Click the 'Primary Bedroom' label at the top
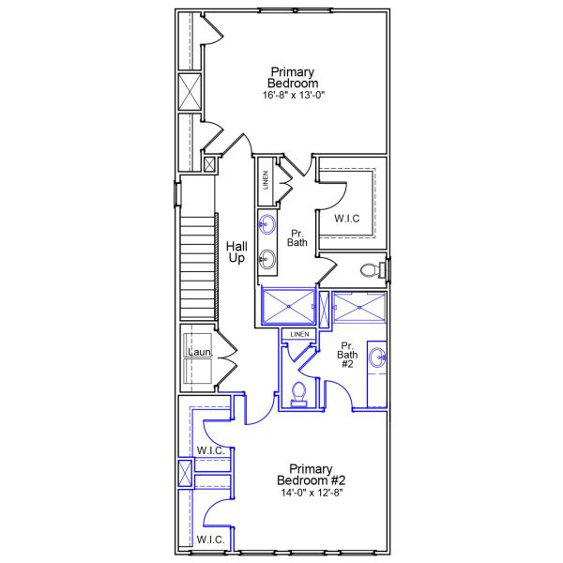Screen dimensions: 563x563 click(x=293, y=77)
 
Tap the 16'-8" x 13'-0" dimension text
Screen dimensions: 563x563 click(x=293, y=96)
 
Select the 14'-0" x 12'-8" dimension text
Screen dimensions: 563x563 click(x=312, y=493)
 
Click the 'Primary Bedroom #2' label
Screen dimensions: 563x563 click(x=312, y=475)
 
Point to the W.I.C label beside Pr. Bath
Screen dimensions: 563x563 click(x=347, y=219)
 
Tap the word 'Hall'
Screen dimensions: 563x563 click(x=236, y=247)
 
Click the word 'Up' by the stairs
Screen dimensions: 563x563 click(x=236, y=258)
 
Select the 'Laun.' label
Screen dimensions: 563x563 click(x=200, y=353)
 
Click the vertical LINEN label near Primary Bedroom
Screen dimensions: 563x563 click(x=266, y=178)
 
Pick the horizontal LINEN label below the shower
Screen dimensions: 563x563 click(x=299, y=334)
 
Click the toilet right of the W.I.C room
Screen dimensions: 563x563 click(x=373, y=271)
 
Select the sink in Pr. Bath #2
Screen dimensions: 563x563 click(x=377, y=357)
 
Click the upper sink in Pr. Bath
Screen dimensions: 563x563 click(x=268, y=224)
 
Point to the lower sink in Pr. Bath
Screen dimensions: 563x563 click(x=268, y=260)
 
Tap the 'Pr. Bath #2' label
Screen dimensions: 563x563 click(x=347, y=354)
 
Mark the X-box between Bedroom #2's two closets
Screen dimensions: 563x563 click(x=185, y=472)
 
